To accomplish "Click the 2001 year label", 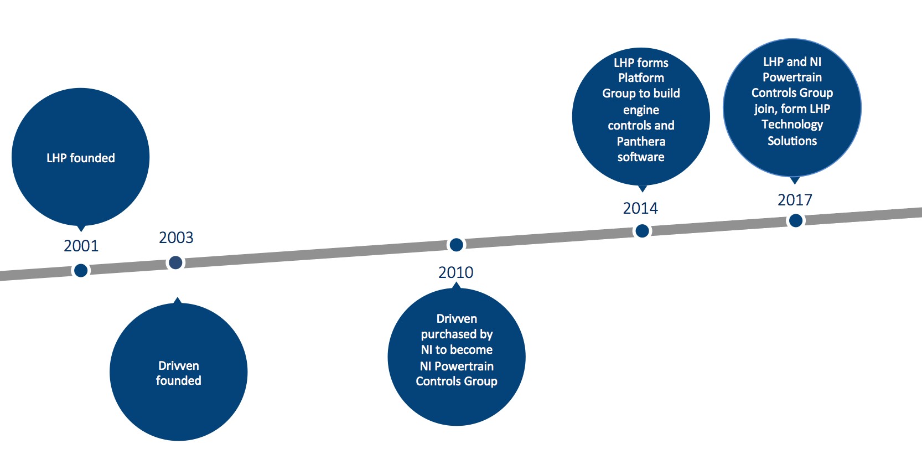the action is point(81,246).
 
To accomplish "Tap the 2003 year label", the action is point(176,238).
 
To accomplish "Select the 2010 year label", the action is point(455,272).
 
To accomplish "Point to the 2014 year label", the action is point(640,208).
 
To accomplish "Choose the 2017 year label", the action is point(795,200).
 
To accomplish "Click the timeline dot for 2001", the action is point(81,270).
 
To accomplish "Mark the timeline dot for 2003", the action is point(176,262).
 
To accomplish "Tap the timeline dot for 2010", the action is point(456,245).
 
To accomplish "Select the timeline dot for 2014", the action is point(642,231).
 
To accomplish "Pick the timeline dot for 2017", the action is point(796,220).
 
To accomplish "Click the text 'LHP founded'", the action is point(81,158).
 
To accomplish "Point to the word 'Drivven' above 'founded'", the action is point(179,365).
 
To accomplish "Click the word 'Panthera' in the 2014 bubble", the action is point(641,142).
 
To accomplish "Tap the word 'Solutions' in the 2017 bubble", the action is point(792,141).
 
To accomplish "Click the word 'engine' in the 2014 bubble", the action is point(641,110).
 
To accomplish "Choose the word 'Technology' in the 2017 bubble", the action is point(792,125).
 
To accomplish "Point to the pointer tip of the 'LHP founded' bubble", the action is point(81,231).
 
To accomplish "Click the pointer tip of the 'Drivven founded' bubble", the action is point(178,297).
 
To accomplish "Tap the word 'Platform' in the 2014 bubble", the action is point(641,78).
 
